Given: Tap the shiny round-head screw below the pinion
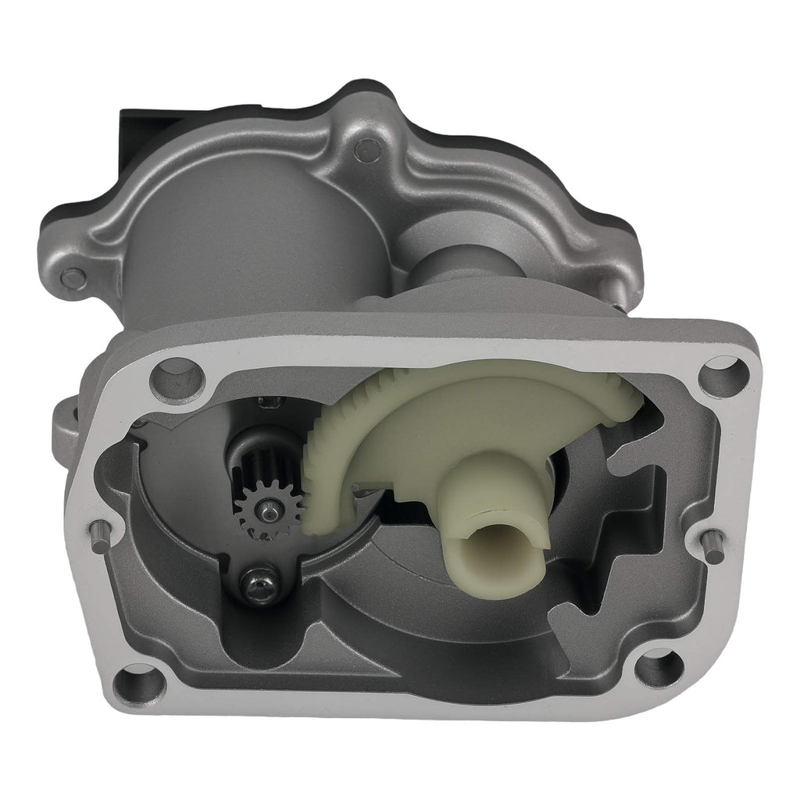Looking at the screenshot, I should tap(257, 582).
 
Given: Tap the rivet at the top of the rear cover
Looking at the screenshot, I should tap(364, 148).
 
